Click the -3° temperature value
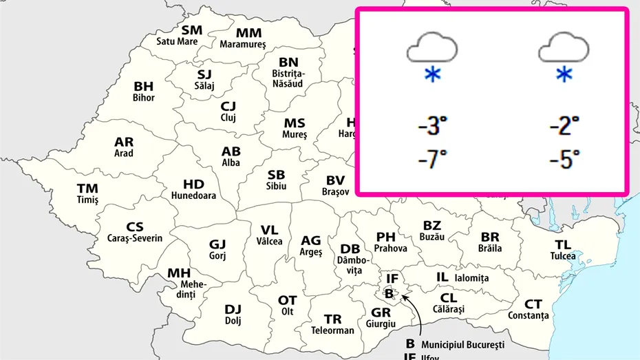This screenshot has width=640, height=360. (x=432, y=127)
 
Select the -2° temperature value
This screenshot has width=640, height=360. (x=564, y=127)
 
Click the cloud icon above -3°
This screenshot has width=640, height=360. (x=432, y=49)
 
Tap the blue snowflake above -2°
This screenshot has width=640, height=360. (x=564, y=75)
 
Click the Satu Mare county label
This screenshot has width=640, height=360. (x=178, y=41)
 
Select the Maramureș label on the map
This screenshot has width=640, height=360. (x=242, y=45)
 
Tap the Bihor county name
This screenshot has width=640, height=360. (x=144, y=98)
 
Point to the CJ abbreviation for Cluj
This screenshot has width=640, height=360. (x=228, y=107)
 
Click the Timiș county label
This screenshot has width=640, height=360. (x=87, y=200)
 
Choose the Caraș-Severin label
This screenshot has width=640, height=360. (x=135, y=238)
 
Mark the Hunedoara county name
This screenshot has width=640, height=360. (x=193, y=195)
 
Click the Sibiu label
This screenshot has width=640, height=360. (x=276, y=186)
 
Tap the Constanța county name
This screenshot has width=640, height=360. (x=529, y=315)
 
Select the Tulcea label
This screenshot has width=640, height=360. (x=563, y=256)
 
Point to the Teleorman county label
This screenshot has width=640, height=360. (x=332, y=330)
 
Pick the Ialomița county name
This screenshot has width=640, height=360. (x=471, y=278)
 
